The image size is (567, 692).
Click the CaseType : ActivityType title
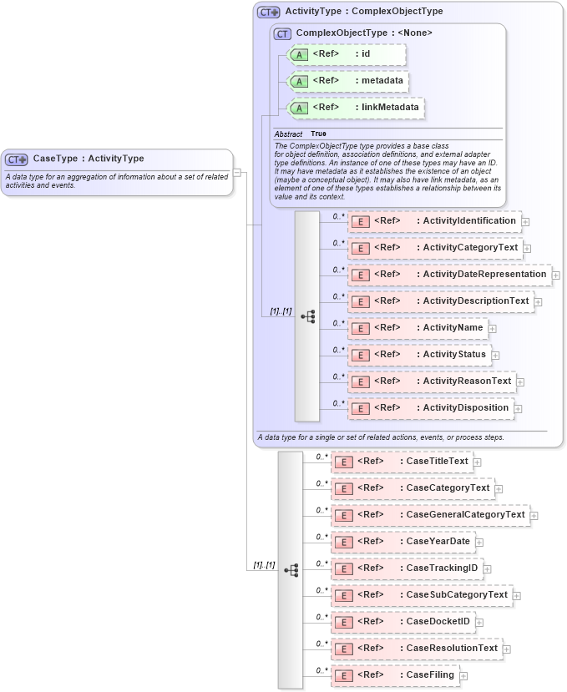(88, 159)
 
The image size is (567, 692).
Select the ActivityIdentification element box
(434, 221)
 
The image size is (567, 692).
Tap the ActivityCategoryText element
(435, 248)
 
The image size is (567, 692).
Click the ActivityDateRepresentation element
(448, 275)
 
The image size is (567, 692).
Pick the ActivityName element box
(418, 328)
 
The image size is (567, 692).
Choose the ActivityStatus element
(419, 355)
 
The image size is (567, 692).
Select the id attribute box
(347, 54)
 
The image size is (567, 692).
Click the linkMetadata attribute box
(355, 108)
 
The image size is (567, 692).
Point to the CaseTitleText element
(402, 462)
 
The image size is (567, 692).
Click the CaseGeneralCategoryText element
(430, 515)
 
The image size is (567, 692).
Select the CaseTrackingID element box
(407, 568)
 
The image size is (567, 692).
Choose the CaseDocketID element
(403, 622)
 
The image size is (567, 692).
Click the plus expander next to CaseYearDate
(479, 543)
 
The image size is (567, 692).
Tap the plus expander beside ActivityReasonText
(520, 382)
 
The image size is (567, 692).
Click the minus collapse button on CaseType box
(237, 173)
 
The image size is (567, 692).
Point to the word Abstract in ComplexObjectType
(288, 134)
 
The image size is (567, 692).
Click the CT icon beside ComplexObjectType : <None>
(282, 33)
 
